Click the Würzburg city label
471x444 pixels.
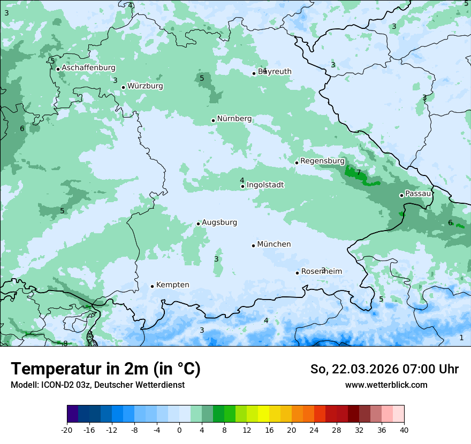[x=145, y=86]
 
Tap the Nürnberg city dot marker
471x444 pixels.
[x=213, y=120]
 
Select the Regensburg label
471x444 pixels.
[x=322, y=161]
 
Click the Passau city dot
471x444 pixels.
[x=401, y=195]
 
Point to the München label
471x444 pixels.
[x=274, y=244]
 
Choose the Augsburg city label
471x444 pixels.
[x=219, y=223]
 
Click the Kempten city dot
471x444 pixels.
[x=152, y=286]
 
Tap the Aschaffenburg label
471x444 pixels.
[x=88, y=68]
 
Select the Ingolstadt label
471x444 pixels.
[x=265, y=185]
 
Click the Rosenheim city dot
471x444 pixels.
[x=297, y=273]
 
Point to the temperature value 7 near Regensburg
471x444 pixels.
[x=359, y=172]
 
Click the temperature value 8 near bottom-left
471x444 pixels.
[x=65, y=343]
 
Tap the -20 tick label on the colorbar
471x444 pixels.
[x=67, y=430]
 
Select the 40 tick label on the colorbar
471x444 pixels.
[x=404, y=430]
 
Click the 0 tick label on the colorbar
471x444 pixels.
[x=179, y=430]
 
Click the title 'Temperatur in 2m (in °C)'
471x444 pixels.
[x=105, y=369]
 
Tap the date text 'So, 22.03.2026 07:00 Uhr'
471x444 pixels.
[x=384, y=369]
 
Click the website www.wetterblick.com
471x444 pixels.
[x=386, y=385]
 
